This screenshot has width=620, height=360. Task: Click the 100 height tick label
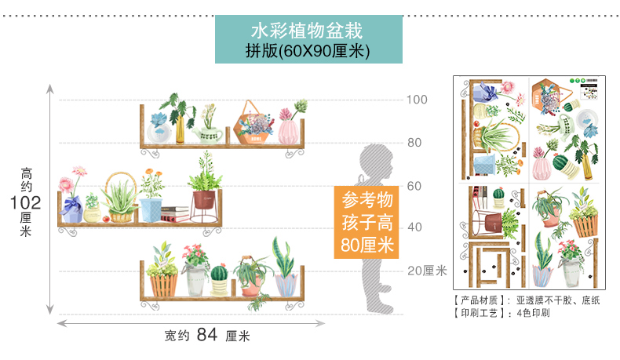417,100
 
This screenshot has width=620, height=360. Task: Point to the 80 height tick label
414,143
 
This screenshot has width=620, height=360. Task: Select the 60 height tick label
414,186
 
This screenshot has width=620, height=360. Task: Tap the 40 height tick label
414,227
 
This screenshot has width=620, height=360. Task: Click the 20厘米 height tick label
426,271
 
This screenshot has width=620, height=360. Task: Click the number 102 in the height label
26,202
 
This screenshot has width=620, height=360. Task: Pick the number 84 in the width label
206,336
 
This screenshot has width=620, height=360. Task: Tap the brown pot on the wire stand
204,201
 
